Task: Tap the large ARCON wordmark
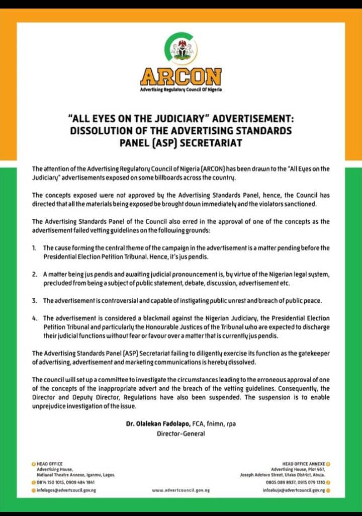pos(181,77)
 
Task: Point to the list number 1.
pos(35,248)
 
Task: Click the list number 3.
pos(35,300)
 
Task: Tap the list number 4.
pos(35,318)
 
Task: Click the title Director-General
pos(180,434)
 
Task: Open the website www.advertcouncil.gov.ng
pos(180,490)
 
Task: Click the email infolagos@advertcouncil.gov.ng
pos(66,490)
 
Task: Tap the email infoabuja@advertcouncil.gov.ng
pos(294,490)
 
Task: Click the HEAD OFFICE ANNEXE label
pos(304,463)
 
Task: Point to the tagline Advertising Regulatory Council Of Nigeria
pos(181,90)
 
